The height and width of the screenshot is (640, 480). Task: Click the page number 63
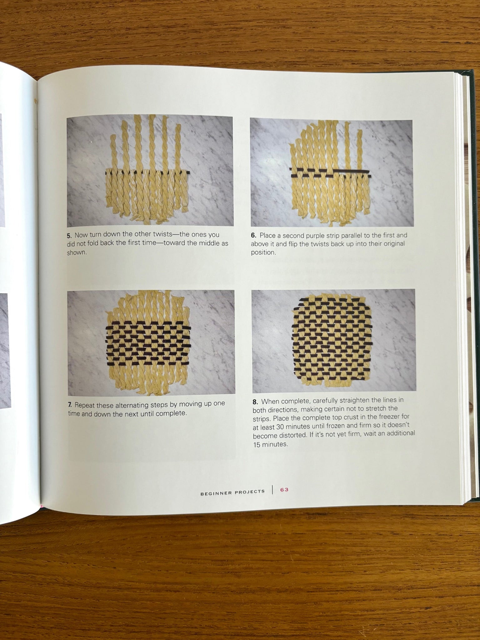(x=284, y=490)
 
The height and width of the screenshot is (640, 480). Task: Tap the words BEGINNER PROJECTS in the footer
(x=232, y=492)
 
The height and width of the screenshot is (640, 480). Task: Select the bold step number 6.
(x=253, y=235)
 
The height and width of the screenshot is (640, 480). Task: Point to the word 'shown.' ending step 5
(x=77, y=252)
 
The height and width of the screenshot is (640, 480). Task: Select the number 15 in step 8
(x=257, y=444)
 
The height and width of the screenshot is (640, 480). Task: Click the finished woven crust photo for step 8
(x=333, y=341)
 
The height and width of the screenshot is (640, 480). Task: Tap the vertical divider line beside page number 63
(x=272, y=490)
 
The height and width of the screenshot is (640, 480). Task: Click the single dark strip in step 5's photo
(x=147, y=172)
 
